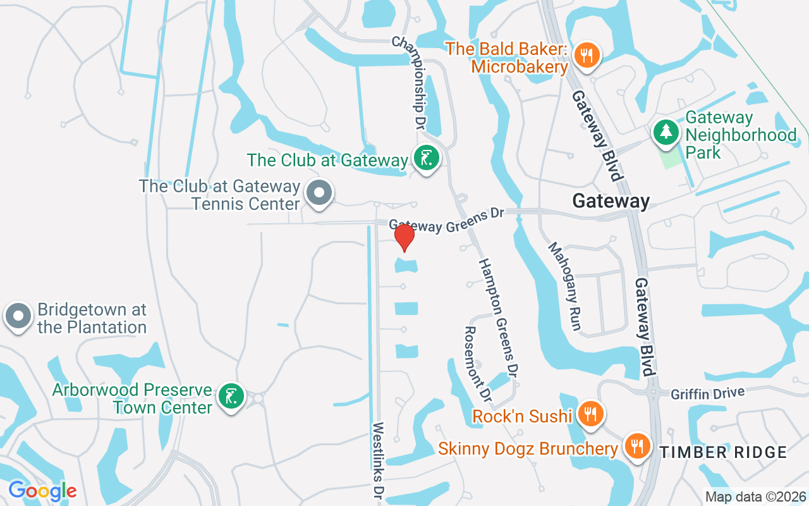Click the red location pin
[x=404, y=237]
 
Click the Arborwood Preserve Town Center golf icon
[x=231, y=397]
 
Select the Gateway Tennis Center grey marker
[x=319, y=192]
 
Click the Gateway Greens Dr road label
[x=446, y=219]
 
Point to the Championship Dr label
[x=408, y=82]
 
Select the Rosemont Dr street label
[x=477, y=364]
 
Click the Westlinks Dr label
[x=379, y=459]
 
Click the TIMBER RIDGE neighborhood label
[x=723, y=452]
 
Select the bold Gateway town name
[x=611, y=201]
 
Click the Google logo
[x=42, y=490]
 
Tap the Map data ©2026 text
[x=755, y=497]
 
